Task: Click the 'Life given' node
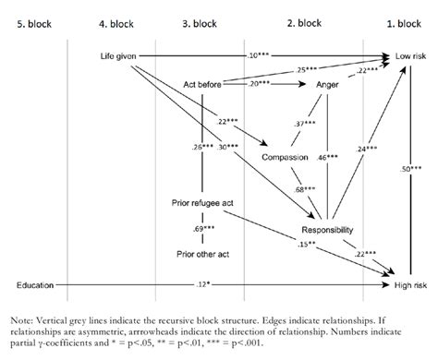click(x=117, y=57)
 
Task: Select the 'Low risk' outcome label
click(x=411, y=57)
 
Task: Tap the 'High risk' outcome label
click(x=411, y=274)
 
